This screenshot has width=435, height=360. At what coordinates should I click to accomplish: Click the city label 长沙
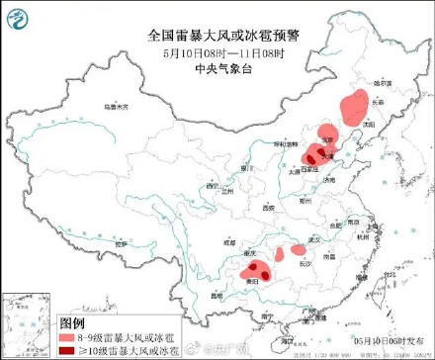coord(305,263)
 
